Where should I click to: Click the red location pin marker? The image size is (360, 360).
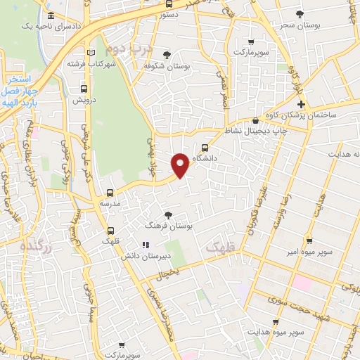tap(181, 165)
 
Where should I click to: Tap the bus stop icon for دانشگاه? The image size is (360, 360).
tap(205, 148)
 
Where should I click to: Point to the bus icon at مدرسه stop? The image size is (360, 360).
tap(110, 193)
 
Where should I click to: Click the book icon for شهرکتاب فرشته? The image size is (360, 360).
tap(89, 53)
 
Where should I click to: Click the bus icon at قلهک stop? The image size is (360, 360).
tap(110, 231)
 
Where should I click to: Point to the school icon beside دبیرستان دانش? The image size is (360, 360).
tap(146, 245)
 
